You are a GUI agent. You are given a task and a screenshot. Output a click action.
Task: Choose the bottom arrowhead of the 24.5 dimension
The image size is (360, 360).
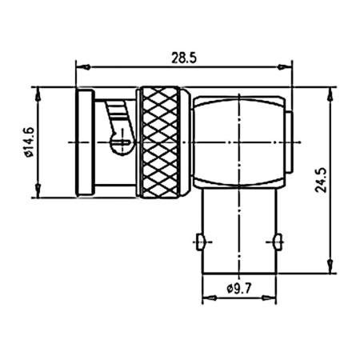click(x=328, y=270)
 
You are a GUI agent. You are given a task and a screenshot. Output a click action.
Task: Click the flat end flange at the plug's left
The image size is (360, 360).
click(x=82, y=142)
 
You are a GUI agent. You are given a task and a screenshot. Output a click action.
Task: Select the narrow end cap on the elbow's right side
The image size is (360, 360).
click(x=289, y=142)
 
